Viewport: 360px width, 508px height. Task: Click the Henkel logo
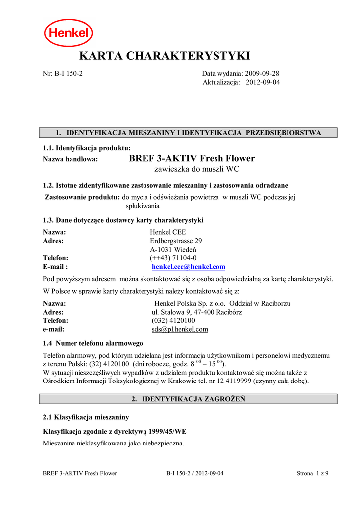click(x=69, y=33)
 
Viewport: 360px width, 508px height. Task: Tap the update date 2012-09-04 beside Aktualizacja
click(x=263, y=82)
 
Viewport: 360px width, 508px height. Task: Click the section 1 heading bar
click(x=188, y=133)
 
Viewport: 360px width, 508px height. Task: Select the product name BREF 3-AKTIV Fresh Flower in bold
click(x=192, y=159)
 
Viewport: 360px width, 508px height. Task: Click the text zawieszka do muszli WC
click(x=197, y=170)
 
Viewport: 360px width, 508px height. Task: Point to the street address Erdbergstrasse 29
click(x=176, y=241)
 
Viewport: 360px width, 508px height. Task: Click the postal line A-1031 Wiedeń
click(x=173, y=250)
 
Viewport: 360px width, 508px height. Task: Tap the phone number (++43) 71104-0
click(x=173, y=258)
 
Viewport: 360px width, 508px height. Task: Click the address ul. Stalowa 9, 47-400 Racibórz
click(x=197, y=312)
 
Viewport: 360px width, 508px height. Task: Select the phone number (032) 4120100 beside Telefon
click(x=173, y=321)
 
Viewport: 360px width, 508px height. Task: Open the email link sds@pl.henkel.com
click(x=180, y=330)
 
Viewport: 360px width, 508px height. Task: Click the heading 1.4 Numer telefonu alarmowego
click(x=93, y=343)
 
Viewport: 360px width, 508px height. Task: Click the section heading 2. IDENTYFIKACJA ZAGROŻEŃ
click(x=188, y=399)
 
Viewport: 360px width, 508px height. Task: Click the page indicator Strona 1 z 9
click(x=312, y=473)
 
